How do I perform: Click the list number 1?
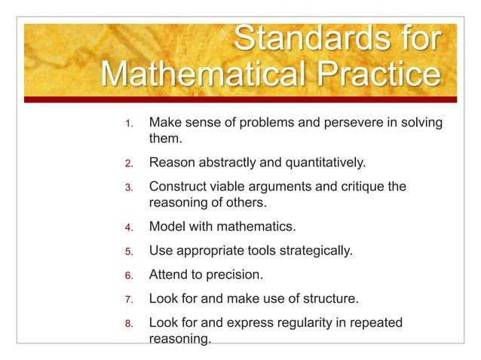129,123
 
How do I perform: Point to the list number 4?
129,226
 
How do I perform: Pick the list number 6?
129,275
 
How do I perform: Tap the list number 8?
129,324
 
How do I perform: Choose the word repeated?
372,323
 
